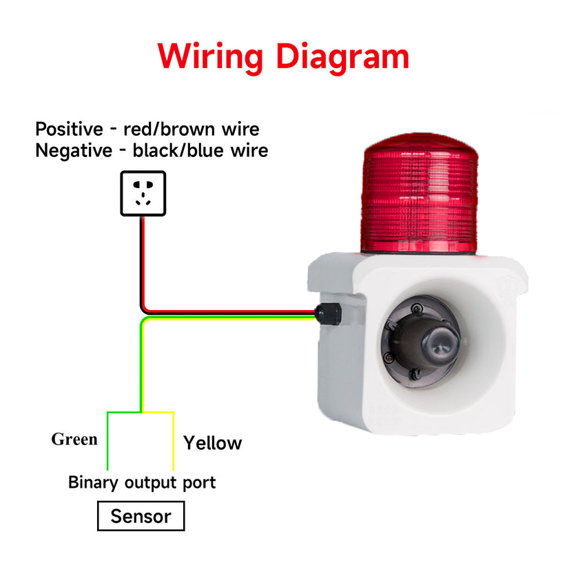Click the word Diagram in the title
click(x=342, y=56)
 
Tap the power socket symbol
click(x=143, y=193)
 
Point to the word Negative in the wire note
click(x=72, y=150)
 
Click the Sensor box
click(x=141, y=516)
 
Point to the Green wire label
click(x=74, y=440)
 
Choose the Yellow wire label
click(x=213, y=443)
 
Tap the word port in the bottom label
click(x=199, y=482)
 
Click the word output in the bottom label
click(x=151, y=482)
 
